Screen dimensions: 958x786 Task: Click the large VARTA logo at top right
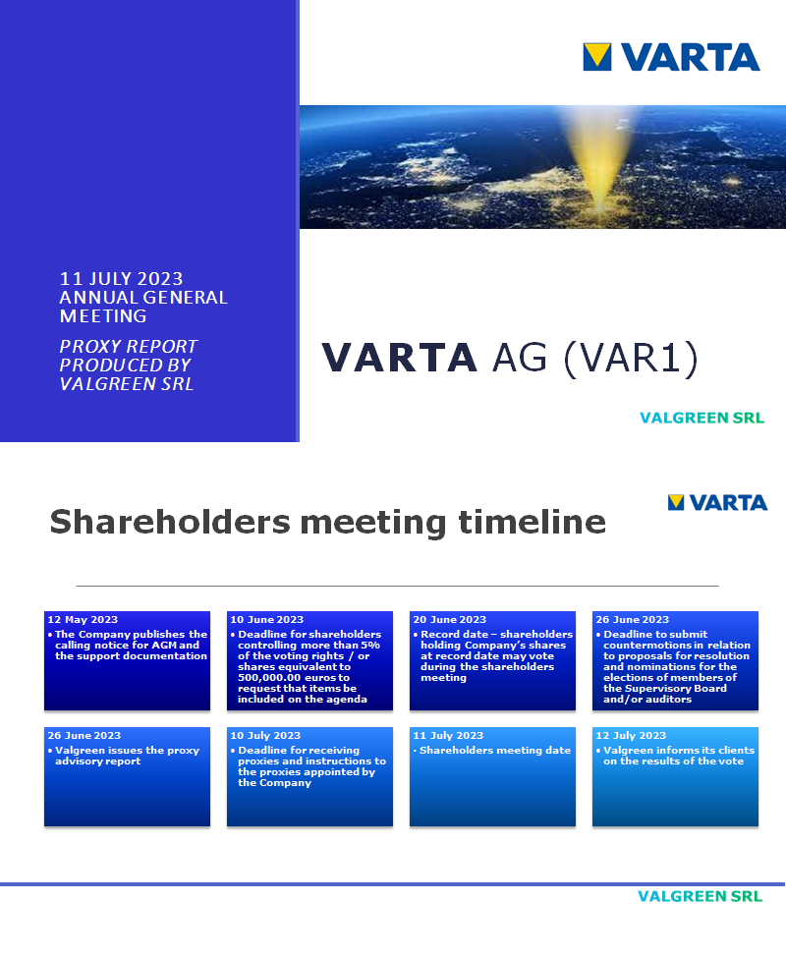click(x=671, y=56)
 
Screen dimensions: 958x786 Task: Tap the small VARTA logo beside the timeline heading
click(x=717, y=502)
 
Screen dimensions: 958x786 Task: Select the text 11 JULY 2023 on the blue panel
click(x=121, y=279)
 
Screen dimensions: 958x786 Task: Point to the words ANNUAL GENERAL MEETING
click(x=142, y=307)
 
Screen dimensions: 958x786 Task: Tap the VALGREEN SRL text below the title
click(x=702, y=418)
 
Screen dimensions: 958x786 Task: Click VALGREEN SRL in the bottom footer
click(x=700, y=896)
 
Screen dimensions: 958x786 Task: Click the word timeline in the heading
click(x=532, y=521)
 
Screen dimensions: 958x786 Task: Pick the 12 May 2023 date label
click(x=83, y=620)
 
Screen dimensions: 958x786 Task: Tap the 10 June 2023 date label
click(x=266, y=620)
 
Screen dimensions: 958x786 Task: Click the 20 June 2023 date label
click(x=449, y=620)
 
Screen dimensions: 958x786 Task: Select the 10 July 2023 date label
click(x=265, y=736)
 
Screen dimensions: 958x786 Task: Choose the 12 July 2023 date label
click(x=631, y=736)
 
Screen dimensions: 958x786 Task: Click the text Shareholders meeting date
click(x=495, y=751)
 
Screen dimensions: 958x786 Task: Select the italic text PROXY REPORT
click(x=129, y=347)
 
